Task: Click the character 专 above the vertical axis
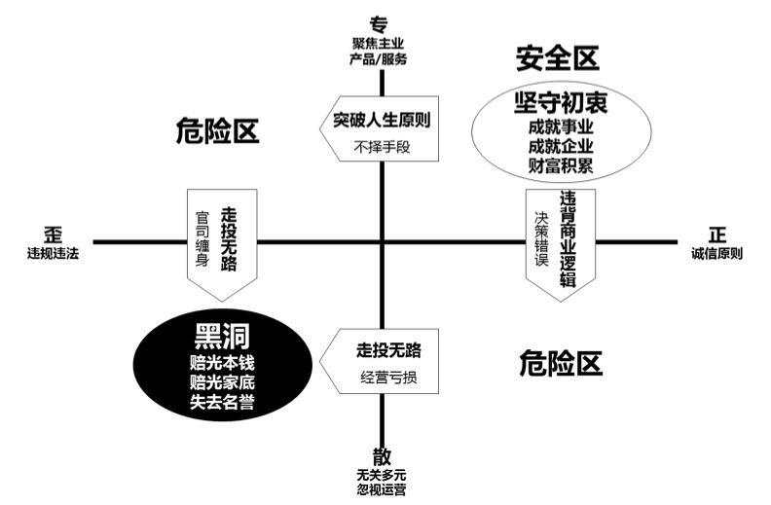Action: [x=380, y=23]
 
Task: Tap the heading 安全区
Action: [x=557, y=59]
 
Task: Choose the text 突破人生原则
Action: [x=381, y=122]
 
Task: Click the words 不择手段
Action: [x=381, y=149]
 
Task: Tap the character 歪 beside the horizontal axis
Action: [x=54, y=234]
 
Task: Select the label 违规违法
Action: [x=54, y=254]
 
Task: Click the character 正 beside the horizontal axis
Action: [x=717, y=234]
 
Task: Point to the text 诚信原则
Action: [x=717, y=254]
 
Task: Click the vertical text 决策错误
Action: [x=542, y=239]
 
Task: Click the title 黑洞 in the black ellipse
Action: [x=222, y=337]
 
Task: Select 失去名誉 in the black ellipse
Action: [x=222, y=402]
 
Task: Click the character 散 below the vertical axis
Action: [x=381, y=455]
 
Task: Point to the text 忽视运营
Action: [x=381, y=489]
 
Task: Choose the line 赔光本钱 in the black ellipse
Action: [x=222, y=362]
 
